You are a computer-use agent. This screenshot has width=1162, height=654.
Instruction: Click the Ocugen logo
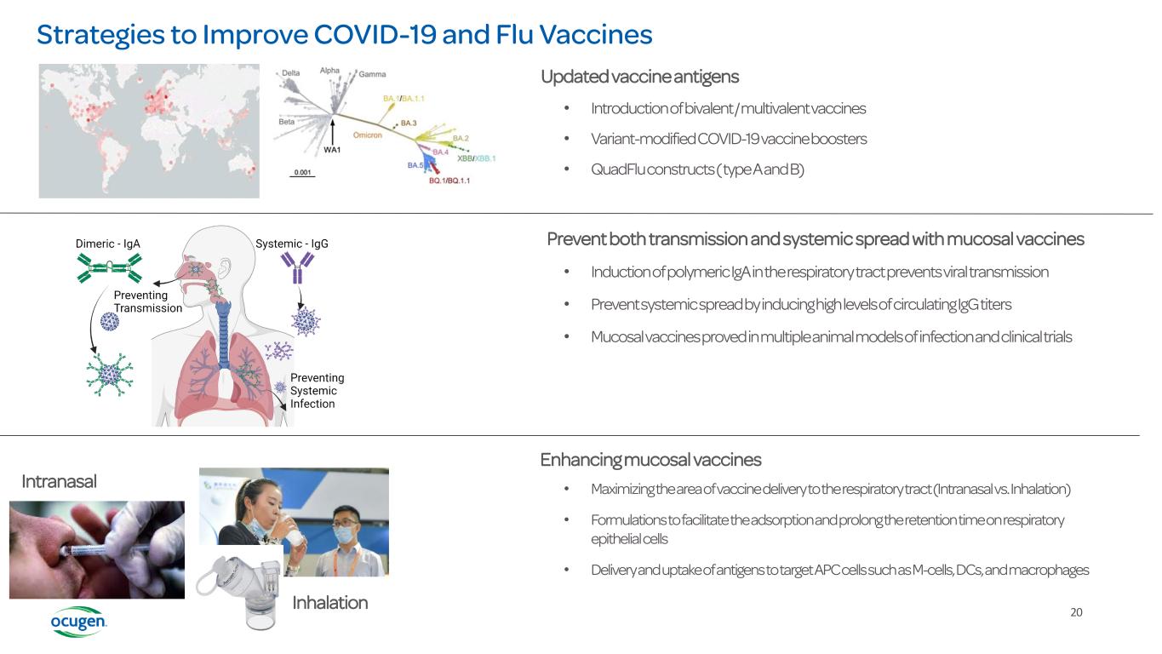(x=78, y=622)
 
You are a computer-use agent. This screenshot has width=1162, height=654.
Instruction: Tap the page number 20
(x=1076, y=611)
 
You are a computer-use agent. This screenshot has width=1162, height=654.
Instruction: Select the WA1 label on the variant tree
(x=332, y=150)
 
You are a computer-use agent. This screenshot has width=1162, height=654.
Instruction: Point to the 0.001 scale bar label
(x=302, y=172)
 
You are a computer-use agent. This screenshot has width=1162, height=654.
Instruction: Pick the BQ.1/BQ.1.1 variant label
(x=449, y=181)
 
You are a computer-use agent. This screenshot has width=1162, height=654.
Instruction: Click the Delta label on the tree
(x=290, y=73)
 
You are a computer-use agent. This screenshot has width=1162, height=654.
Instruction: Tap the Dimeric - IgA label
(x=107, y=244)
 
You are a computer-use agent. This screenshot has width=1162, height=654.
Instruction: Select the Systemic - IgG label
(x=291, y=244)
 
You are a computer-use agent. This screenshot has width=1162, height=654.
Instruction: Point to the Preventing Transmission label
(x=147, y=301)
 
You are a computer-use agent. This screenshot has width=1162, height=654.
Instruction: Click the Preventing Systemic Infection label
(x=317, y=391)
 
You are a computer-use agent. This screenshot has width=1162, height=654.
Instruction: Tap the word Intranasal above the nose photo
(x=59, y=481)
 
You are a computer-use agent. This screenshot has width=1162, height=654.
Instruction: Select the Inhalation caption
(x=329, y=603)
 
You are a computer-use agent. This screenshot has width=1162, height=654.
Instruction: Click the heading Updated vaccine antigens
(x=639, y=77)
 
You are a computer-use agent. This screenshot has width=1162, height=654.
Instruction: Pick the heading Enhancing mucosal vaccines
(x=650, y=460)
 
